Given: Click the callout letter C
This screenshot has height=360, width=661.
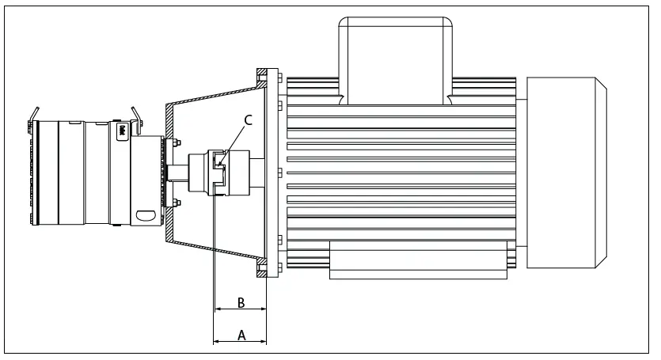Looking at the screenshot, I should point(248,120).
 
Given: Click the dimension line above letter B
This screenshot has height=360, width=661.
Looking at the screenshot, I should point(241,312).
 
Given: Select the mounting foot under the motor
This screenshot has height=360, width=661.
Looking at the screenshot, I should point(416,261).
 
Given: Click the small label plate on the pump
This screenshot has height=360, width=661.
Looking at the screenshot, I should point(123,131).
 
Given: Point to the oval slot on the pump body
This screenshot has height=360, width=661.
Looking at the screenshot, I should point(146,214).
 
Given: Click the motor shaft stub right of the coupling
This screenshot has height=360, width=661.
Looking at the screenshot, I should point(253,171).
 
